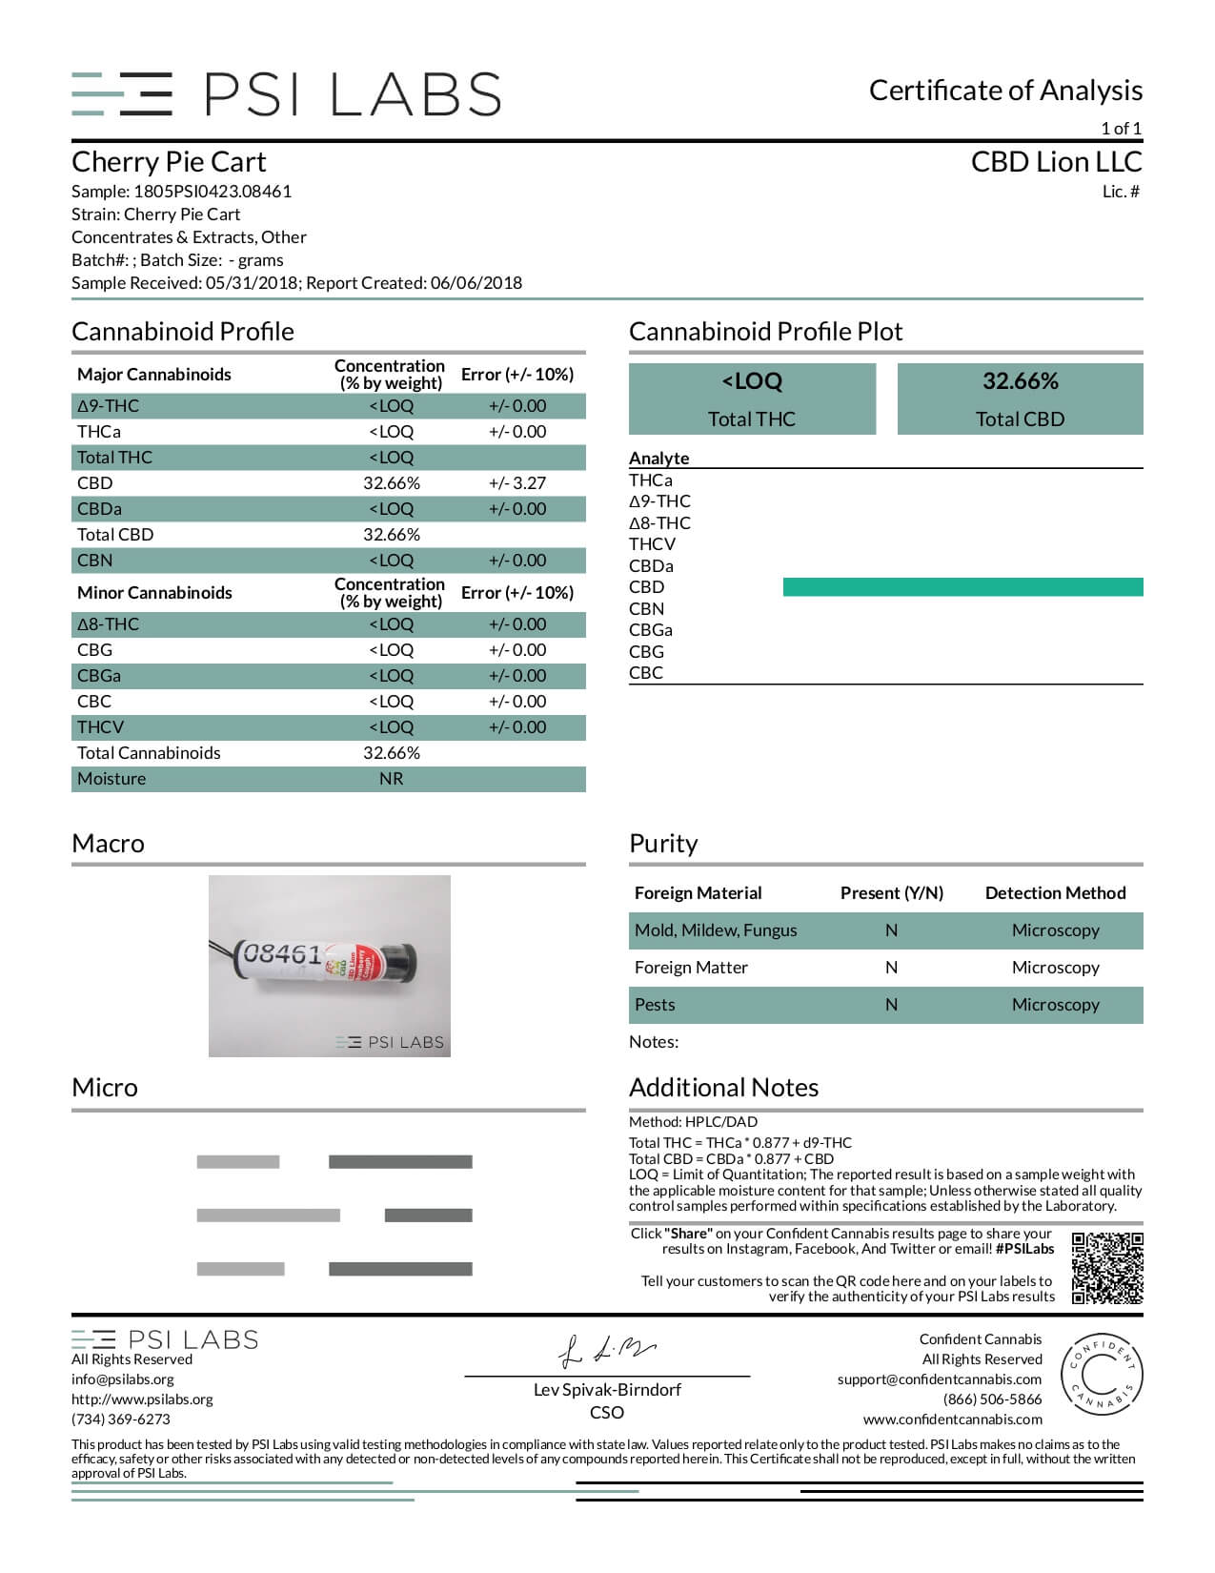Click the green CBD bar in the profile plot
(x=962, y=587)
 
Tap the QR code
(x=1106, y=1268)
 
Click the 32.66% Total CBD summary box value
(x=1020, y=381)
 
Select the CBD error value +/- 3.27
(x=516, y=483)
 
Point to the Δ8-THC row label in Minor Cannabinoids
(x=110, y=624)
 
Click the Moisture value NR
(x=391, y=779)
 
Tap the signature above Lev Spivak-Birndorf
(x=606, y=1350)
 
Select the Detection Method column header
(x=1055, y=893)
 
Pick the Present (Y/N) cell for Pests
(x=891, y=1005)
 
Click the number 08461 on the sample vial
(x=282, y=953)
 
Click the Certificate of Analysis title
(x=1005, y=91)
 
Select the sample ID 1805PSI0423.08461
(x=213, y=192)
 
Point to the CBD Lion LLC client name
(x=1056, y=162)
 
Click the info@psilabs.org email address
(x=123, y=1379)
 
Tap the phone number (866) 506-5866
(x=992, y=1399)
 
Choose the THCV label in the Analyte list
(x=652, y=544)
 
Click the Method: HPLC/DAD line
(x=693, y=1122)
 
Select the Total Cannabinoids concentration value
(x=391, y=753)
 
